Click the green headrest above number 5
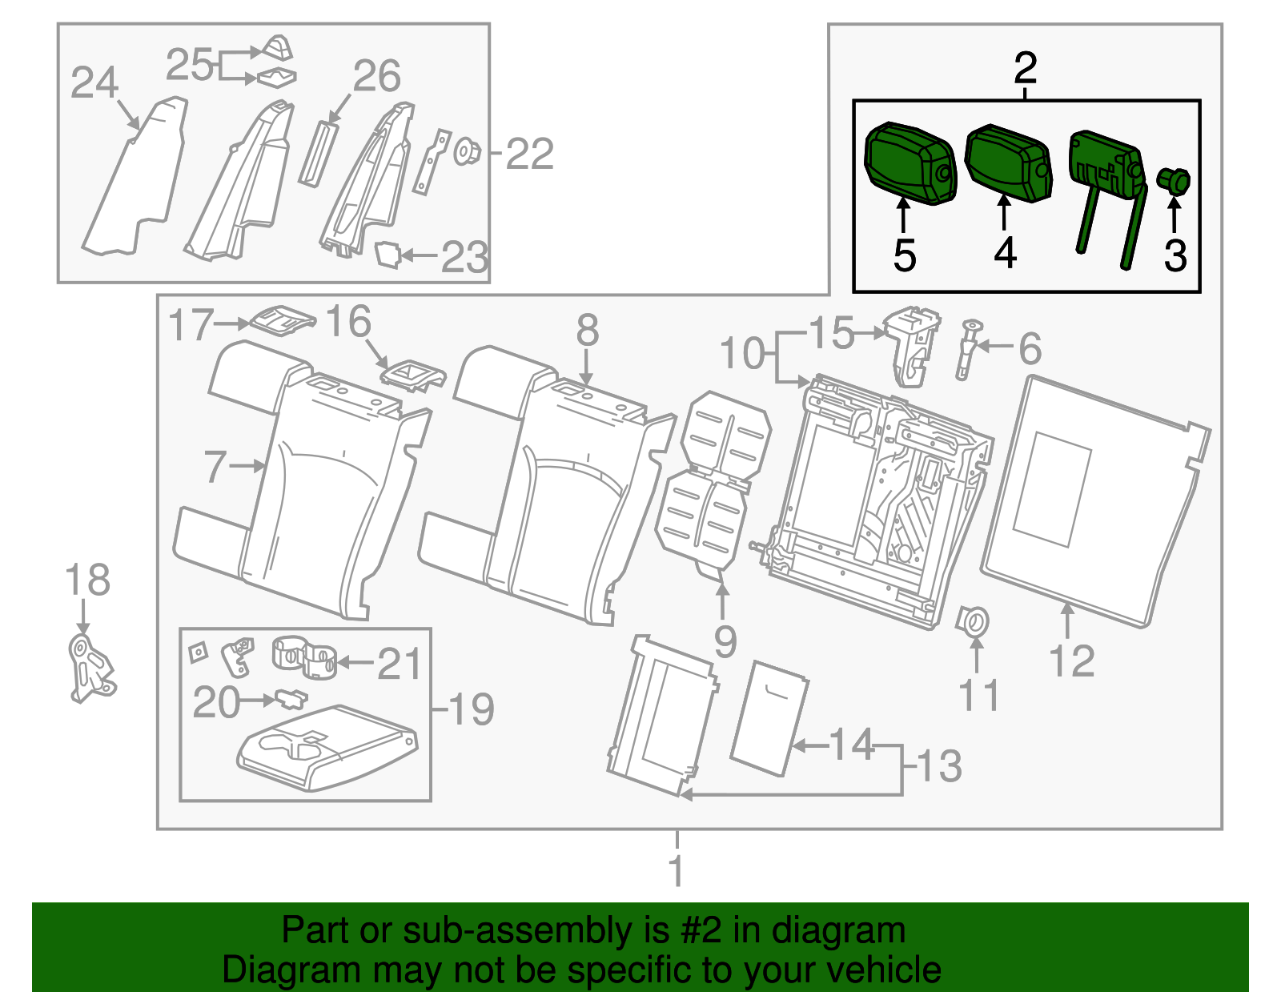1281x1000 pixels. click(910, 164)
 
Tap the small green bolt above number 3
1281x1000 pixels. click(1173, 181)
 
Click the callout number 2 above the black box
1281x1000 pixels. click(1026, 69)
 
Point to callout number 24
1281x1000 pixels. click(94, 82)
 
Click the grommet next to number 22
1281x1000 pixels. click(467, 151)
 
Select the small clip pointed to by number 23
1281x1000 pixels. click(388, 254)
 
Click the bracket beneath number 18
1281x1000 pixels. click(91, 669)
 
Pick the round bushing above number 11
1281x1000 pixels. click(972, 621)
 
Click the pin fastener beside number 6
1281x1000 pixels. click(967, 350)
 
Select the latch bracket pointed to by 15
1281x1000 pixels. click(911, 345)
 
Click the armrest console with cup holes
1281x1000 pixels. click(327, 747)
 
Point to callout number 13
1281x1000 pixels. click(940, 766)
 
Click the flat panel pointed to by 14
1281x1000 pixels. click(769, 719)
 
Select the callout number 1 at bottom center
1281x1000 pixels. click(677, 870)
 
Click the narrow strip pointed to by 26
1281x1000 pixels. click(316, 154)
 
